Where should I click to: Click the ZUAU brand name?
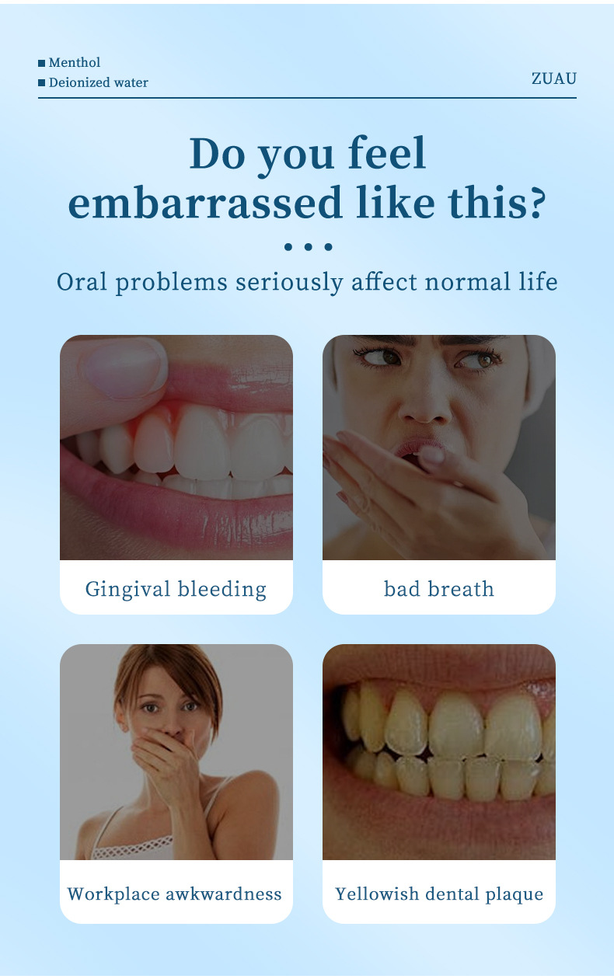553,78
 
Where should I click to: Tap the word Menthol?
75,62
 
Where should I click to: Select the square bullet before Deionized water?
41,82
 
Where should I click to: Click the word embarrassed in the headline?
204,202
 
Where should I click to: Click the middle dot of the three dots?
309,247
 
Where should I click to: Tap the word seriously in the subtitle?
289,282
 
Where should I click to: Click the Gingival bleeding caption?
176,589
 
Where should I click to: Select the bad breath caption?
438,589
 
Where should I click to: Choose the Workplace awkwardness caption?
174,894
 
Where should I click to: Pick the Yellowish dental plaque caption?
439,894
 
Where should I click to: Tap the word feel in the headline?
386,152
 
